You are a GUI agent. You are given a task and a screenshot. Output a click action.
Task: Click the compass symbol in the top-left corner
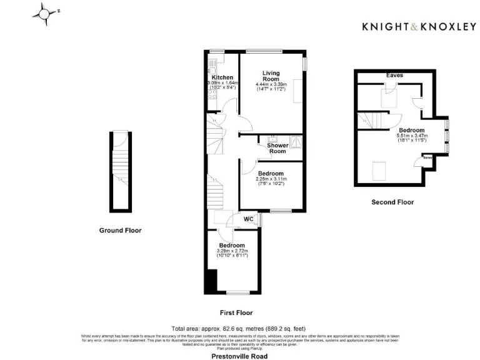coord(44,12)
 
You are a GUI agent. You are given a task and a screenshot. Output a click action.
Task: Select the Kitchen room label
coord(222,77)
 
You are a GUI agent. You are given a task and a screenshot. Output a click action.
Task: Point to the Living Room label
coord(271,76)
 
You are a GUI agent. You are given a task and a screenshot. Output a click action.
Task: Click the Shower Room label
coord(277,148)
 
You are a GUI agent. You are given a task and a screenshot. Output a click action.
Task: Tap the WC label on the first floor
coord(248,219)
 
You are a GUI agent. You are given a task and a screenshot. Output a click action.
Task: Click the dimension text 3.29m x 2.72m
coord(231,251)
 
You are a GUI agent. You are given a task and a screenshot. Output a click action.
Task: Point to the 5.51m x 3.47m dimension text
coord(412,136)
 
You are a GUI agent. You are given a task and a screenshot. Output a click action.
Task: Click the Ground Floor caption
coord(120,231)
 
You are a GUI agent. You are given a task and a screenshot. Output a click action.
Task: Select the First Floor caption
coord(237,312)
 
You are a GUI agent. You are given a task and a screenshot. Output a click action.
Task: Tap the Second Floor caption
coord(392,202)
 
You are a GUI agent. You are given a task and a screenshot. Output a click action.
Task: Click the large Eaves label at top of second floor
coord(394,75)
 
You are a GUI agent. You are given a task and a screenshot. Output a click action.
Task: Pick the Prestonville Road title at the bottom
coord(239,356)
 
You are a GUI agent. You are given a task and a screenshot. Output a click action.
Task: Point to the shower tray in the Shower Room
coord(296,141)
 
